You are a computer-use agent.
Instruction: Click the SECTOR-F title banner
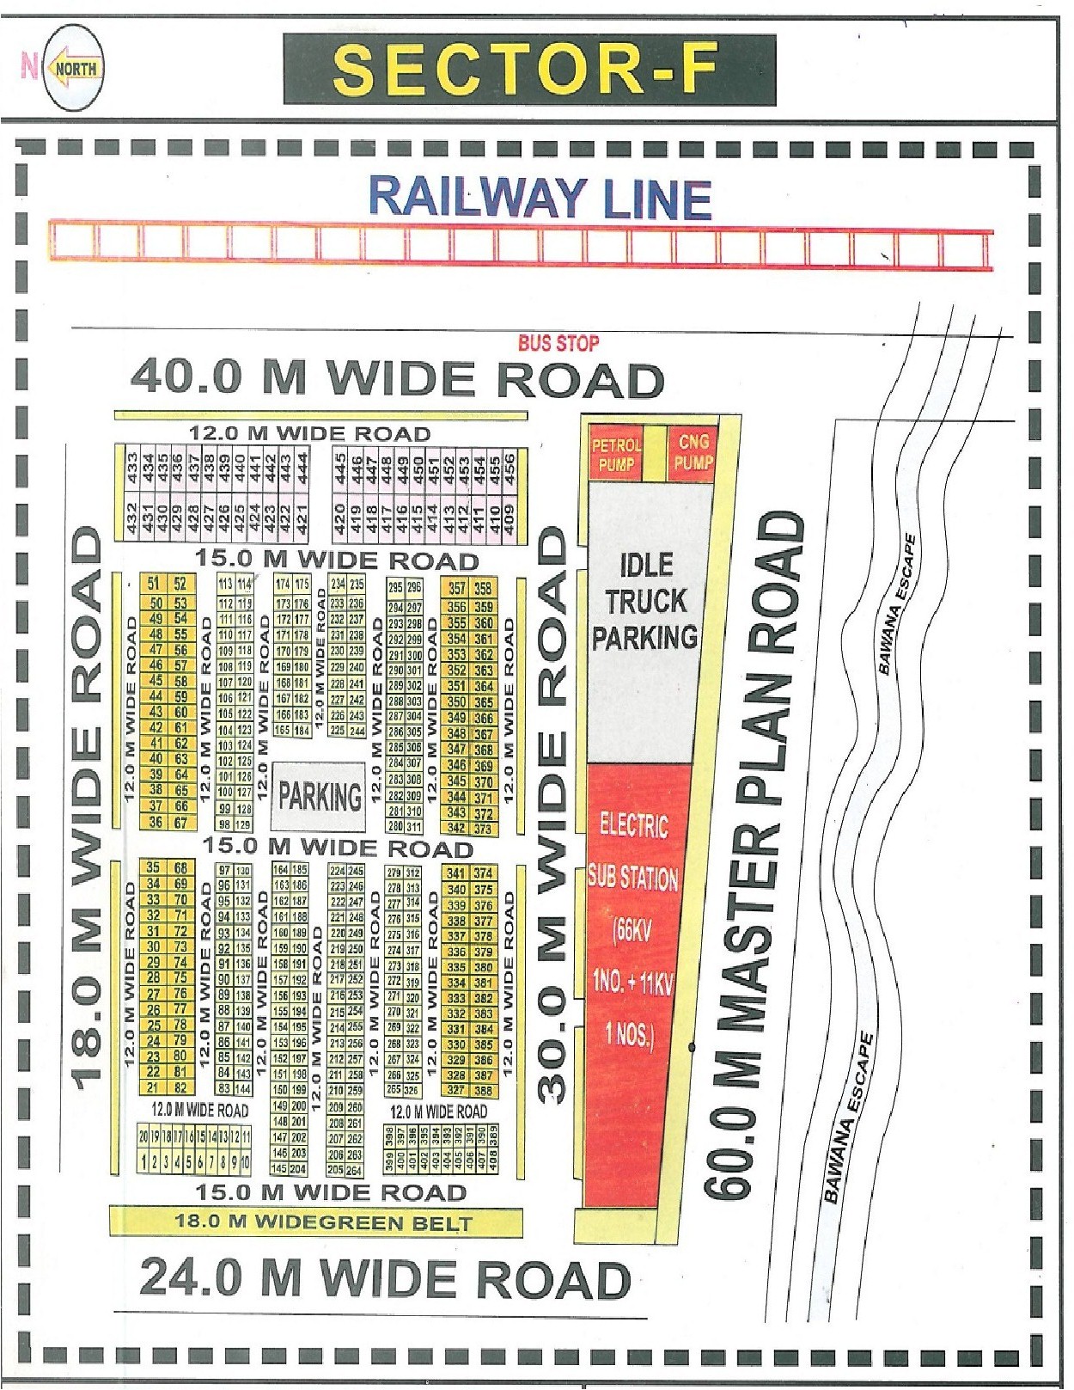click(529, 70)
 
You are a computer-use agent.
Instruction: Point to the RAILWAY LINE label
click(540, 199)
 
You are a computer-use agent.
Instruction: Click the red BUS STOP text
click(558, 344)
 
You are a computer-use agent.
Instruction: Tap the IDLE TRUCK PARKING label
click(644, 601)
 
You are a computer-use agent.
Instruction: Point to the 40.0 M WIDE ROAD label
click(397, 379)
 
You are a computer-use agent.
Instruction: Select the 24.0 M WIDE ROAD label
click(385, 1278)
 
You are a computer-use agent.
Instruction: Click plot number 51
click(154, 585)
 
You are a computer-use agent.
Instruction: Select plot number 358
click(483, 589)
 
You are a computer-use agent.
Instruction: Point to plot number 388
click(483, 1091)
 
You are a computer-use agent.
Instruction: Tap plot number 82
click(180, 1087)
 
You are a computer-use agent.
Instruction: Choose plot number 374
click(483, 873)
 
